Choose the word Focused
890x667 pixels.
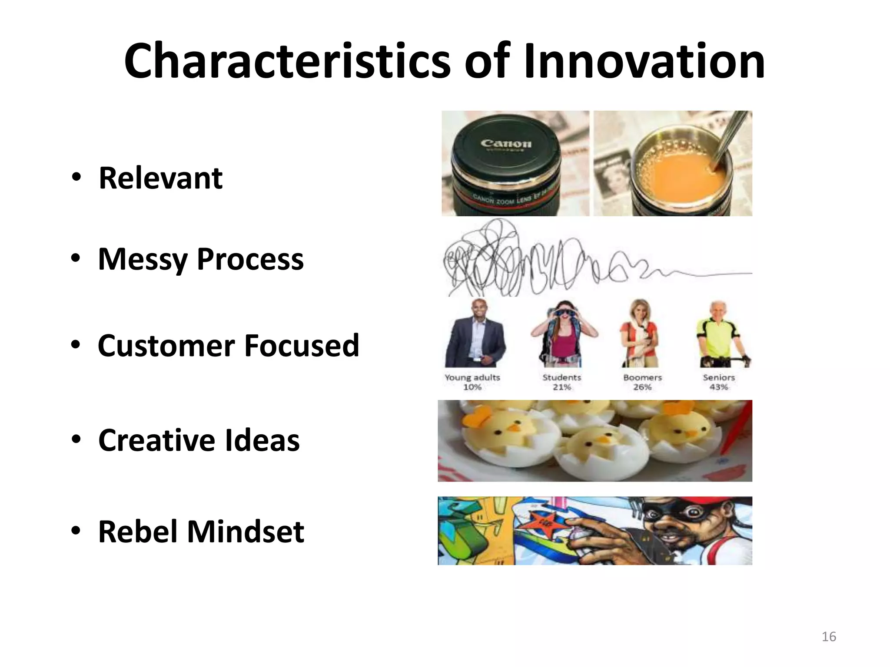tap(302, 346)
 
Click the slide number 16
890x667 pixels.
tap(829, 637)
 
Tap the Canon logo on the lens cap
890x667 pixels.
tap(506, 143)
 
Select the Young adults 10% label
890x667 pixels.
tap(472, 382)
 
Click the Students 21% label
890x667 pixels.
tap(561, 382)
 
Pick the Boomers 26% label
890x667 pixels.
tap(642, 382)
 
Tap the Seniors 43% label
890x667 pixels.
tap(719, 382)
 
